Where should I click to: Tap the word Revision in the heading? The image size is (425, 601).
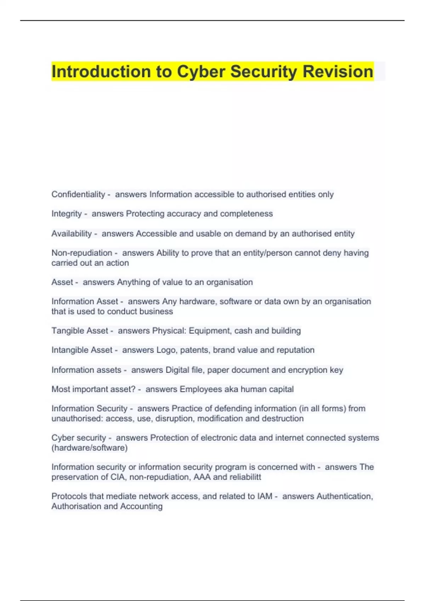click(x=338, y=72)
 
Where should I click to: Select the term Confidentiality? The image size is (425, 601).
click(x=78, y=194)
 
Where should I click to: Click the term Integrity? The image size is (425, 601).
click(x=67, y=214)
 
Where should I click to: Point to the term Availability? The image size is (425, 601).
click(x=72, y=234)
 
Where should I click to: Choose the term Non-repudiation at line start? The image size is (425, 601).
click(x=82, y=253)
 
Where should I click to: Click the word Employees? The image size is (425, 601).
click(x=201, y=389)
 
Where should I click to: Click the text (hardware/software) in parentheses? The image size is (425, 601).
click(x=90, y=448)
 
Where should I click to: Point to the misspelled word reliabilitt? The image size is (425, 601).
click(x=245, y=477)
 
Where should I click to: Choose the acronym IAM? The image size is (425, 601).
click(x=265, y=496)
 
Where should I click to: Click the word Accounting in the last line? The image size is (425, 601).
click(x=141, y=506)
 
